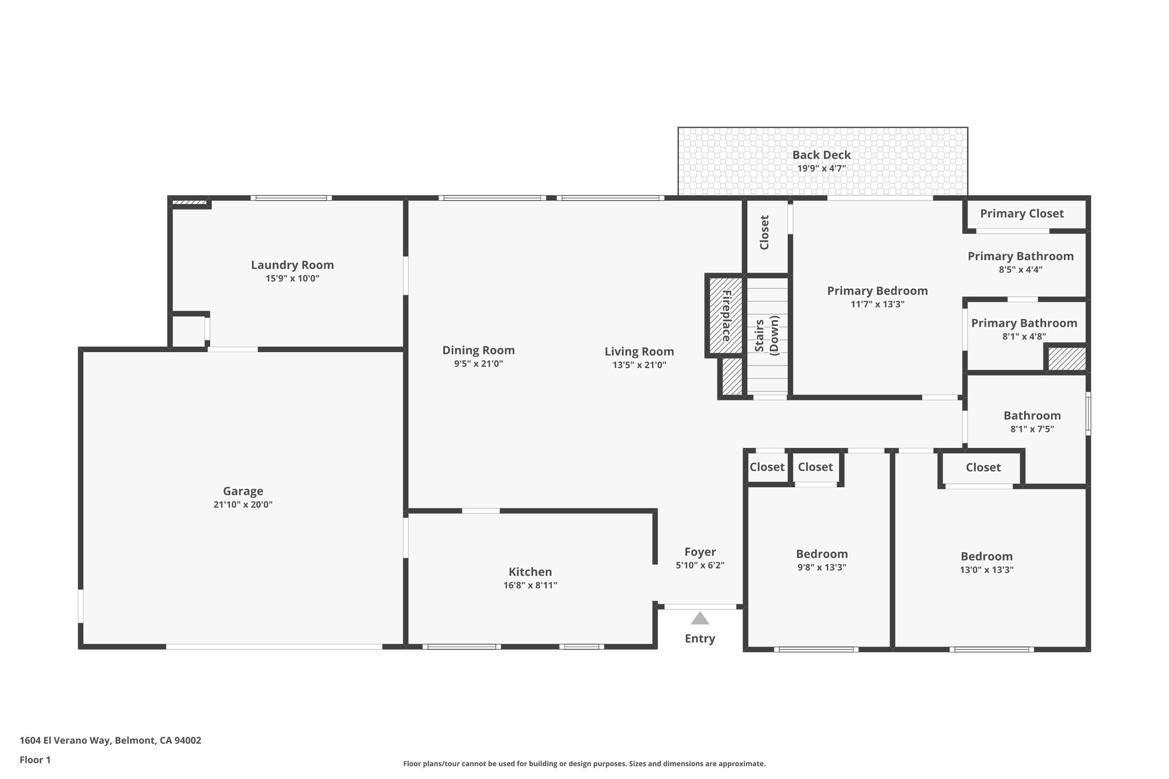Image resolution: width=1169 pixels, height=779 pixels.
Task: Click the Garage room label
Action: (243, 491)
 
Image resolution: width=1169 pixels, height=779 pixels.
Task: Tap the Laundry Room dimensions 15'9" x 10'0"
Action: (292, 278)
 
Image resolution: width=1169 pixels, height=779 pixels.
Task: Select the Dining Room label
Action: (478, 350)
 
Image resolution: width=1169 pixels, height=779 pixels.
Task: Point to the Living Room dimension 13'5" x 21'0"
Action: (639, 365)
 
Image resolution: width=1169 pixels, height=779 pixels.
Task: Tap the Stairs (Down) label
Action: (767, 336)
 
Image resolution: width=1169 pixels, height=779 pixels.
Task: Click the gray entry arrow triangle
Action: (700, 618)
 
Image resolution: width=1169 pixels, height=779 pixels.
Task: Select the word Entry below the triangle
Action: (700, 639)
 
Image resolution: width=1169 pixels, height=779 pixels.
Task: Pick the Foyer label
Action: (700, 552)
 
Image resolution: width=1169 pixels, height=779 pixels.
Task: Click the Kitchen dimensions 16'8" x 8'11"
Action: (530, 585)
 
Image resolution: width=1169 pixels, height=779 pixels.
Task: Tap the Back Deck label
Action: (821, 155)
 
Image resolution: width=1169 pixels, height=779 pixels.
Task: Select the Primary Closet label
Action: (1022, 213)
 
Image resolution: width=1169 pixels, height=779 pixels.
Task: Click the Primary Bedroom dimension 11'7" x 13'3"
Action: (877, 304)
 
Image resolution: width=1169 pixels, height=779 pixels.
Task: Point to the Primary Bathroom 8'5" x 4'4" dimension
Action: (1021, 269)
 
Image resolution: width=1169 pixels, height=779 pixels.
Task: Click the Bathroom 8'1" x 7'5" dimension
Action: (1032, 429)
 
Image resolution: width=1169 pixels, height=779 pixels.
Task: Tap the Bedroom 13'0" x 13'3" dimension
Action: (986, 570)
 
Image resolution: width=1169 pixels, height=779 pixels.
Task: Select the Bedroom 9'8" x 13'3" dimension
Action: (822, 567)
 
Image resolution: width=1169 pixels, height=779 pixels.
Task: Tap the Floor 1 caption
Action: (35, 760)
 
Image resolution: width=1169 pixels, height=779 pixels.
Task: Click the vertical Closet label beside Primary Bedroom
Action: (765, 232)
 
